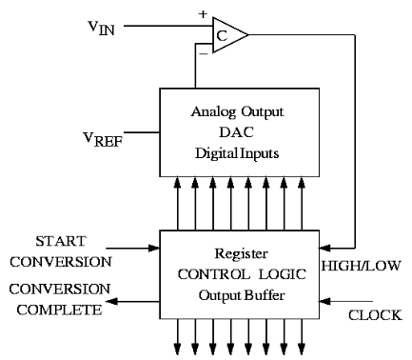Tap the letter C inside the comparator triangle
[222, 36]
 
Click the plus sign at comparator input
[202, 15]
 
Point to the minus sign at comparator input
[202, 54]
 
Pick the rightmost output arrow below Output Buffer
[306, 338]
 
